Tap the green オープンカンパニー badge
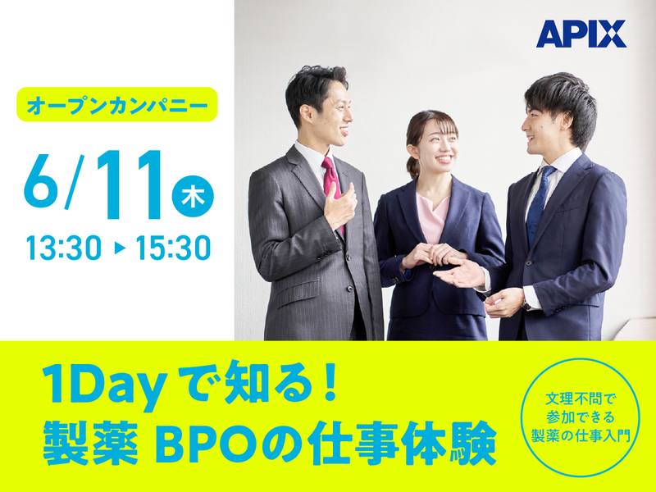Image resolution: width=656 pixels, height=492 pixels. [x=116, y=105]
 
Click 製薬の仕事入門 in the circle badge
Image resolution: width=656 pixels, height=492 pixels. [x=580, y=435]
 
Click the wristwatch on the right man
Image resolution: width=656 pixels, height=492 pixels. [x=526, y=303]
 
